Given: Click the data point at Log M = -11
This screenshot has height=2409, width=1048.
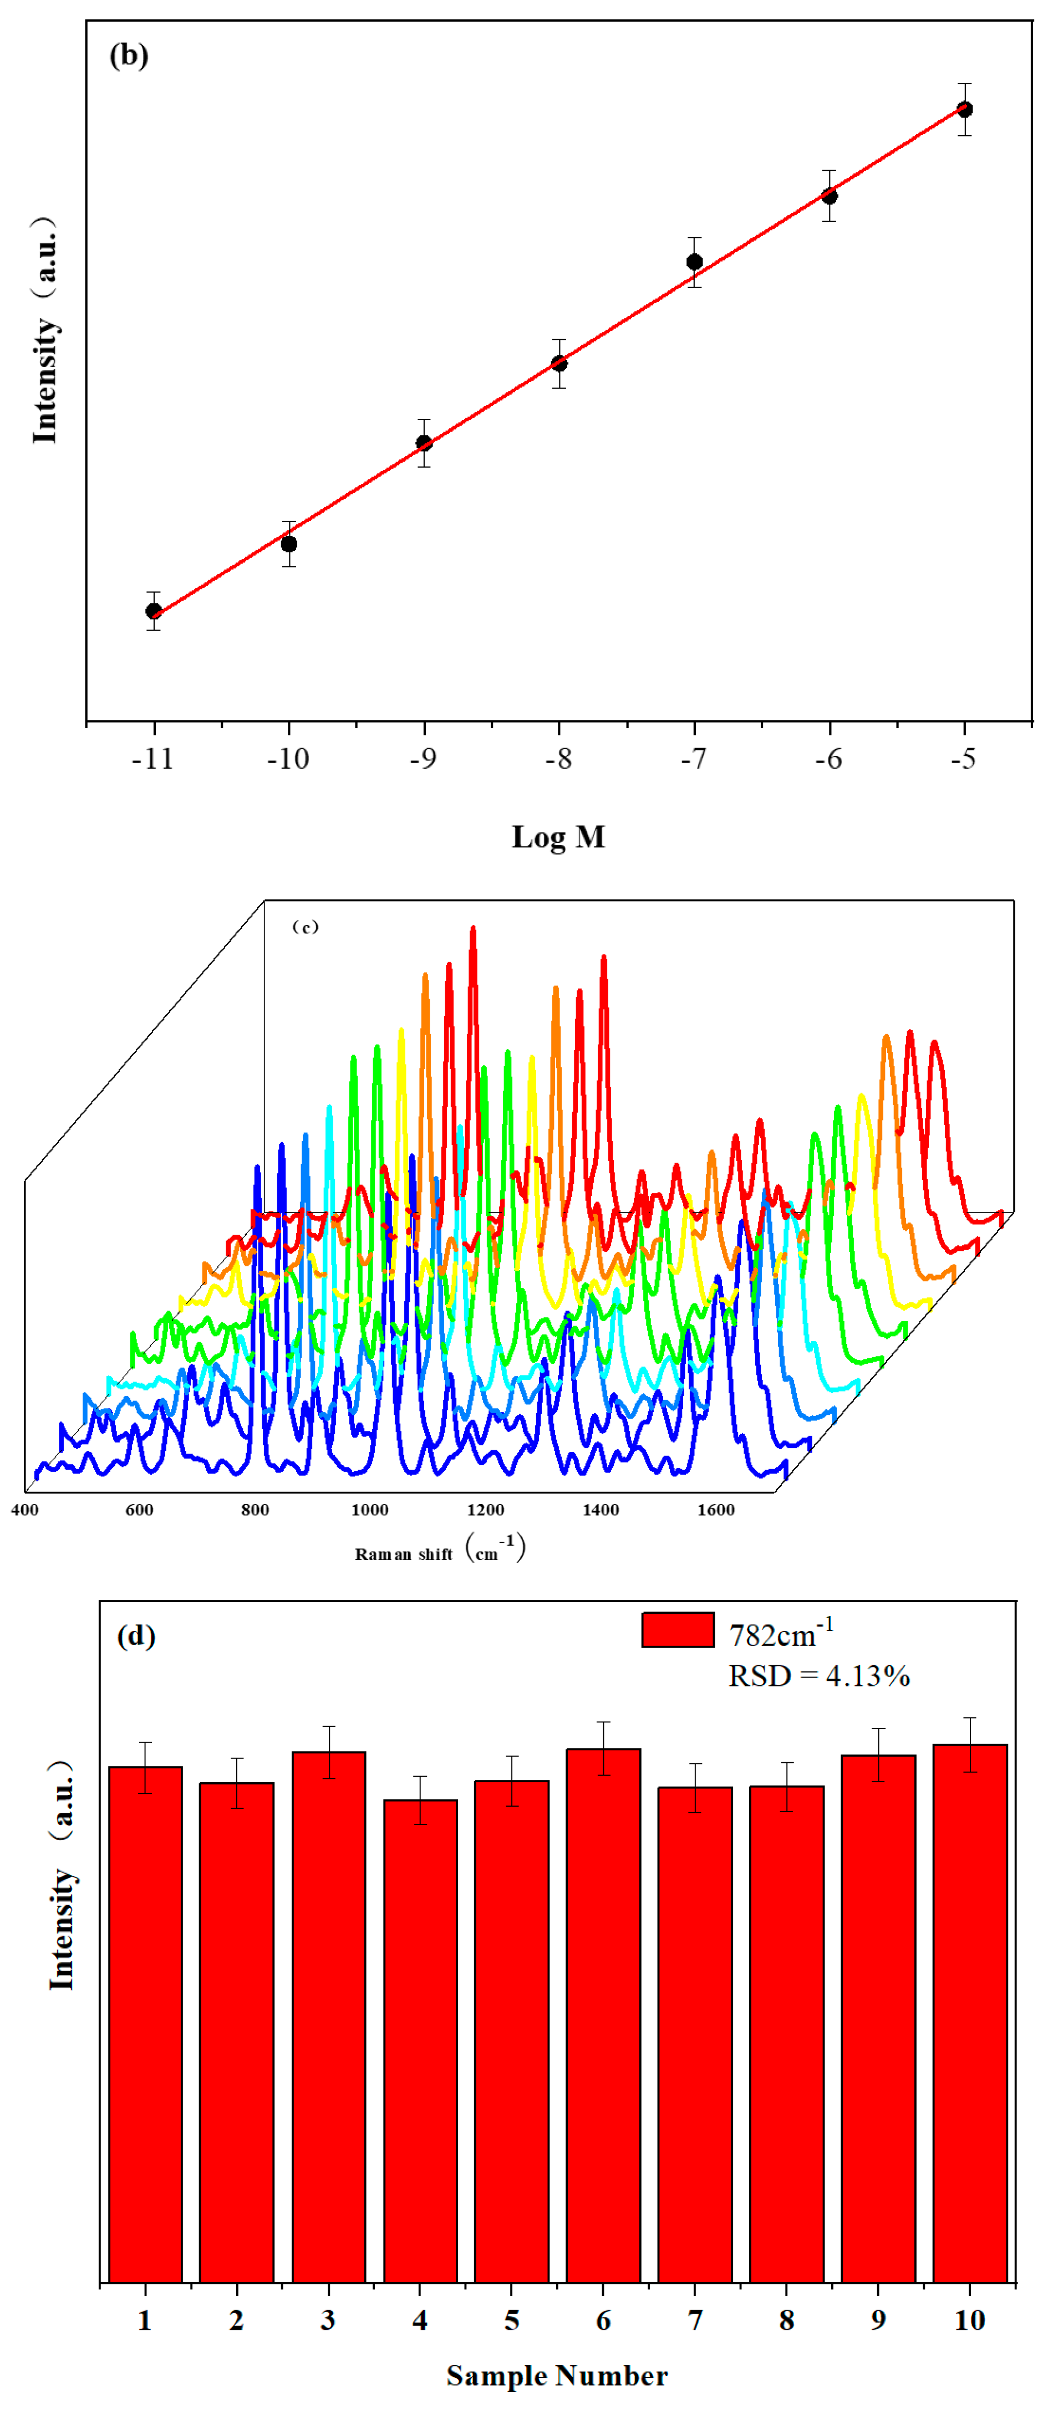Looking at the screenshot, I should (154, 611).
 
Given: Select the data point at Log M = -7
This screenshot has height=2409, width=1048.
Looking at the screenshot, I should (694, 262).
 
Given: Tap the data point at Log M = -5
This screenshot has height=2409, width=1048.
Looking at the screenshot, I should (965, 109).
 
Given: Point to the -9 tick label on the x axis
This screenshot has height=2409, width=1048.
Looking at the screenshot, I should (423, 759).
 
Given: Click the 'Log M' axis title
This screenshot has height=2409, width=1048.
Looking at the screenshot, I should (558, 836).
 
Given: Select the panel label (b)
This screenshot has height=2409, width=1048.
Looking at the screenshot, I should (129, 55).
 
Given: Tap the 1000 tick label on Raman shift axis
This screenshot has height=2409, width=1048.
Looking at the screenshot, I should (370, 1510).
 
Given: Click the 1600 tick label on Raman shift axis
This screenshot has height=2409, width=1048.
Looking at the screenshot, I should (716, 1510).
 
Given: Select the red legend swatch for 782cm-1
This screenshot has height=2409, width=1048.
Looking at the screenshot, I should (678, 1630).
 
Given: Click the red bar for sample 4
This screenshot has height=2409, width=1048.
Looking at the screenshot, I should (420, 2039).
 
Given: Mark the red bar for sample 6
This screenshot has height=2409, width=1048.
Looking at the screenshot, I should (603, 2011).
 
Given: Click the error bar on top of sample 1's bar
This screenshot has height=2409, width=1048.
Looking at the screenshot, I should (145, 1767).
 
